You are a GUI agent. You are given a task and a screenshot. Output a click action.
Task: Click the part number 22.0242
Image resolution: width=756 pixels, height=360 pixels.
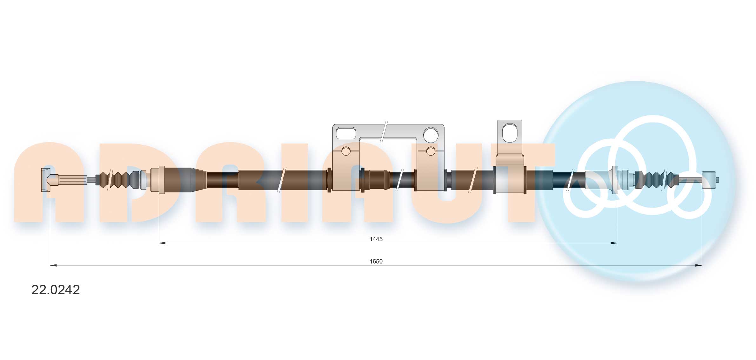pos(56,290)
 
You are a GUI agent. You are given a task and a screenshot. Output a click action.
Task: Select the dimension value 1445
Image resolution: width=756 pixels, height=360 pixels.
pos(376,239)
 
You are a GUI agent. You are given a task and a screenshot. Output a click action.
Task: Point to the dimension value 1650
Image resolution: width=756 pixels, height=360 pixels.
pos(376,261)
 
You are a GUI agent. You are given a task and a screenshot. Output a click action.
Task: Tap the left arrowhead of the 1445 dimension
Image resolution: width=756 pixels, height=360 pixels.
pos(162,243)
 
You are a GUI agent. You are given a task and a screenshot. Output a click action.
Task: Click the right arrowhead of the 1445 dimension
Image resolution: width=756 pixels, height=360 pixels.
pos(613,243)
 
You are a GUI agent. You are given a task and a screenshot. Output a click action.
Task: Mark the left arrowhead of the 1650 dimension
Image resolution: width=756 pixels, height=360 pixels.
pos(53,265)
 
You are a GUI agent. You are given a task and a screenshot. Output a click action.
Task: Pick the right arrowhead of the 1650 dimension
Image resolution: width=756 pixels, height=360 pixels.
pos(698,265)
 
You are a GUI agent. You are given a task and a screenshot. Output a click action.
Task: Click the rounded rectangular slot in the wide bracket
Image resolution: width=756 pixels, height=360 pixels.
pos(346,133)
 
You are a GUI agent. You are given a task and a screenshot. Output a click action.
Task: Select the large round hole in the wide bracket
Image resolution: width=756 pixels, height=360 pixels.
pos(431,134)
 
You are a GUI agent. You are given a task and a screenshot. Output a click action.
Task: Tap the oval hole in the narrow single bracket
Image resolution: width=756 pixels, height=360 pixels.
pos(510,133)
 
